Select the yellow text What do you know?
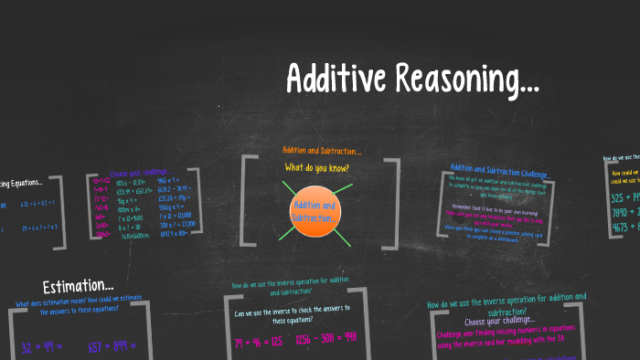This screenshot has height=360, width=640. pyautogui.click(x=316, y=167)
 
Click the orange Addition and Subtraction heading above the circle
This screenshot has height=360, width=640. pyautogui.click(x=321, y=150)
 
